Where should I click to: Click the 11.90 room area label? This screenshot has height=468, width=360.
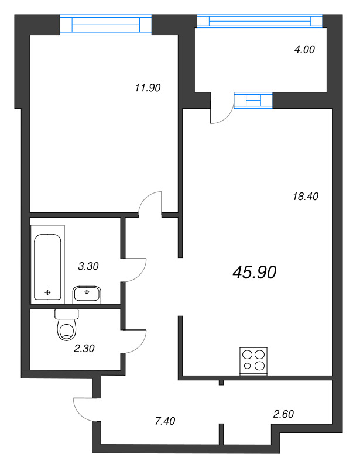(x=148, y=88)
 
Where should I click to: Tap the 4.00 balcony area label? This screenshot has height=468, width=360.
(x=304, y=50)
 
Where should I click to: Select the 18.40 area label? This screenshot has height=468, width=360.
(x=306, y=197)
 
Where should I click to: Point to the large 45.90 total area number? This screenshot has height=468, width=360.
(x=255, y=272)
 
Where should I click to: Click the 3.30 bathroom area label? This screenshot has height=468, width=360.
(x=88, y=266)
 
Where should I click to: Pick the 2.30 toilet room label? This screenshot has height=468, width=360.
(x=84, y=348)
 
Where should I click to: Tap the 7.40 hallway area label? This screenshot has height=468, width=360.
(x=165, y=421)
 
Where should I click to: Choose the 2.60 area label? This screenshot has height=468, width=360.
(x=283, y=414)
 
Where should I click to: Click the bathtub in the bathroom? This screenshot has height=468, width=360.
(x=47, y=264)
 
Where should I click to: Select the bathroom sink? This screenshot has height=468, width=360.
(x=87, y=294)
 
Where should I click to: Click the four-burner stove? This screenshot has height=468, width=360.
(x=253, y=361)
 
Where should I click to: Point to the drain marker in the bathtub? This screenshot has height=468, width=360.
(x=47, y=293)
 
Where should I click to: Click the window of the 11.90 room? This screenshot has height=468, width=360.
(x=106, y=25)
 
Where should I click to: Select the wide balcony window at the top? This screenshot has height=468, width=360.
(x=260, y=21)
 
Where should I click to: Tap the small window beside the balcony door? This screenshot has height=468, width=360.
(x=253, y=100)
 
